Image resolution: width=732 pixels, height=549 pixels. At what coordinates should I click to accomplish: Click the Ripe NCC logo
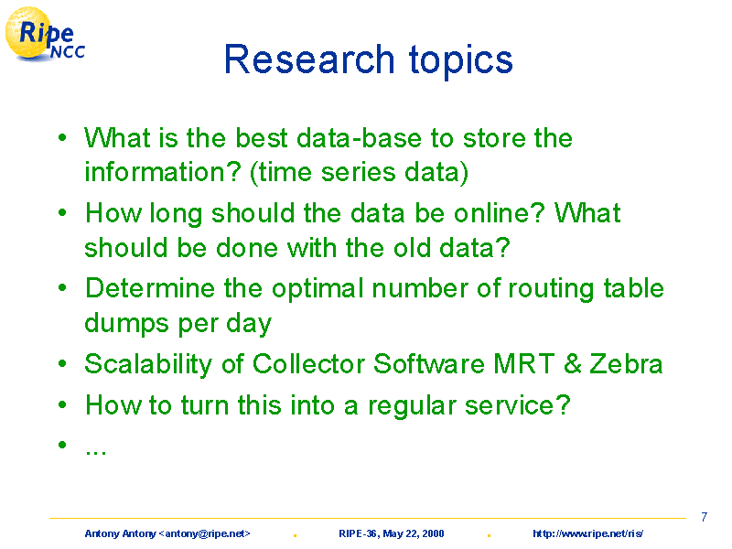45,35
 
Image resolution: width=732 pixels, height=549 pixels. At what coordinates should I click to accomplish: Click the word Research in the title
309,59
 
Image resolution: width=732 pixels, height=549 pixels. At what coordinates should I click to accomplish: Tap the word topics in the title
461,61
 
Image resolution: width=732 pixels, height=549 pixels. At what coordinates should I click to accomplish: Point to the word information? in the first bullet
163,172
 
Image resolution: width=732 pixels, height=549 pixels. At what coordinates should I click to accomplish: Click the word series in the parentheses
359,172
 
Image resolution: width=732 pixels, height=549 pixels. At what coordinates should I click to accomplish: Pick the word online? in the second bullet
500,213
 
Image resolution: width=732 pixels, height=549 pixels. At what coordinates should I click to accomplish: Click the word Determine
150,288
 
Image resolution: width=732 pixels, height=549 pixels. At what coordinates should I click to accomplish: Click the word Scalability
148,365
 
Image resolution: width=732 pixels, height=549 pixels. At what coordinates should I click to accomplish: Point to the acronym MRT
523,363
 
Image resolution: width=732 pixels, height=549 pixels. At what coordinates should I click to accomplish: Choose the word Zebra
627,363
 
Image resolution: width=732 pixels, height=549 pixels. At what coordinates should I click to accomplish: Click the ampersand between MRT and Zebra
573,363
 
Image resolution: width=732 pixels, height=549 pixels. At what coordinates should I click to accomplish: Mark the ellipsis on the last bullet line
96,451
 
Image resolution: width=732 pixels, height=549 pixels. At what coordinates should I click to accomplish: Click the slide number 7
704,517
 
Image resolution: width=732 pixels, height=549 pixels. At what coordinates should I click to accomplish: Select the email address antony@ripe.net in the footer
204,533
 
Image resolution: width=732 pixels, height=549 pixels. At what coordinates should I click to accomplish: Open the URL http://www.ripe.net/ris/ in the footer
587,533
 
